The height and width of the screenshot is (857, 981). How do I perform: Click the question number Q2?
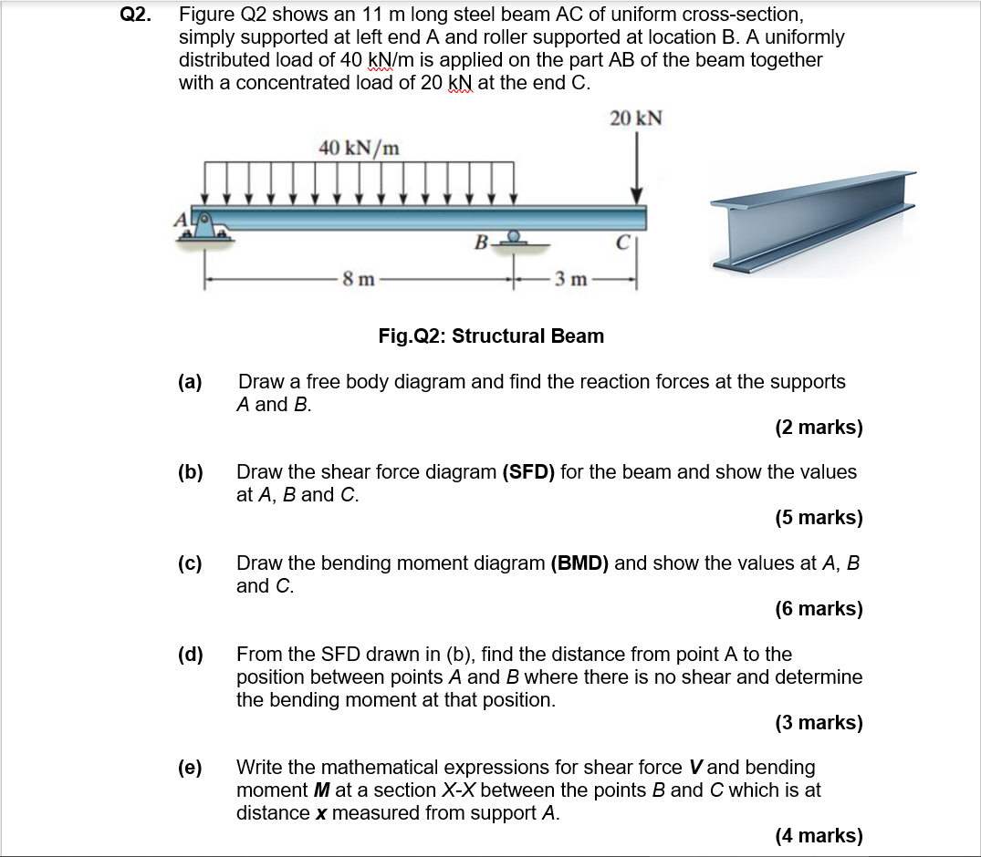click(x=136, y=15)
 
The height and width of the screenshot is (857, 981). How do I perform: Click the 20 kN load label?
click(x=636, y=119)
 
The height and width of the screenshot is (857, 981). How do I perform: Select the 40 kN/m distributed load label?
click(x=359, y=147)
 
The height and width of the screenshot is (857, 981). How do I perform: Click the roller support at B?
click(x=515, y=238)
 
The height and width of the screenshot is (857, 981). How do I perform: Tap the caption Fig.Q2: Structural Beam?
click(x=491, y=336)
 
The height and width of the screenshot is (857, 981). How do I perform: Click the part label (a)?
click(x=190, y=382)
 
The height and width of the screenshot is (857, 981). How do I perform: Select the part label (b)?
click(x=190, y=472)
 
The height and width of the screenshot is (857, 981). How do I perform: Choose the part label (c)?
click(x=190, y=563)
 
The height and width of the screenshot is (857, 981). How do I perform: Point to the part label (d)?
click(x=190, y=655)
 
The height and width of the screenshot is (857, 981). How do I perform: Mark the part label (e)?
click(x=190, y=768)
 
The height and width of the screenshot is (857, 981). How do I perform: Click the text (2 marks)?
click(x=819, y=428)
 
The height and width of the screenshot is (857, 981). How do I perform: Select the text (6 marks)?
click(x=819, y=608)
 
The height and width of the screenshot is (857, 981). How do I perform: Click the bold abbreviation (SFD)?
click(x=528, y=472)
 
